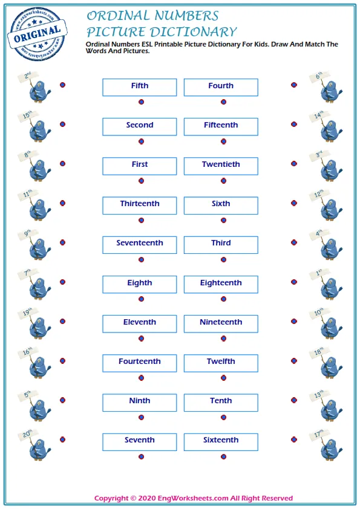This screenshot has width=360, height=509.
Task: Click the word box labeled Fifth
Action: (140, 87)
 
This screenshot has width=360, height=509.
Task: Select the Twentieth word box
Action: (221, 166)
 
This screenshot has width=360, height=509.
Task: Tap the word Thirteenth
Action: (140, 204)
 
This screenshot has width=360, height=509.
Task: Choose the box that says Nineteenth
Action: (221, 323)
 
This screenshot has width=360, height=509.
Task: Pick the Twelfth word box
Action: (221, 362)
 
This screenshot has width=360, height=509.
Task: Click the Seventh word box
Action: (140, 441)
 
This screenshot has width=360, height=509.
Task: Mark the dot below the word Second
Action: (141, 141)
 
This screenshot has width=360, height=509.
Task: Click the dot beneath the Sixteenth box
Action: (223, 456)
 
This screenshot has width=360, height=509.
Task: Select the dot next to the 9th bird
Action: (62, 242)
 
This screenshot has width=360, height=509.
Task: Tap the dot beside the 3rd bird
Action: (294, 164)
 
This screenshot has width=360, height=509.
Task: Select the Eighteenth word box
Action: (221, 284)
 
